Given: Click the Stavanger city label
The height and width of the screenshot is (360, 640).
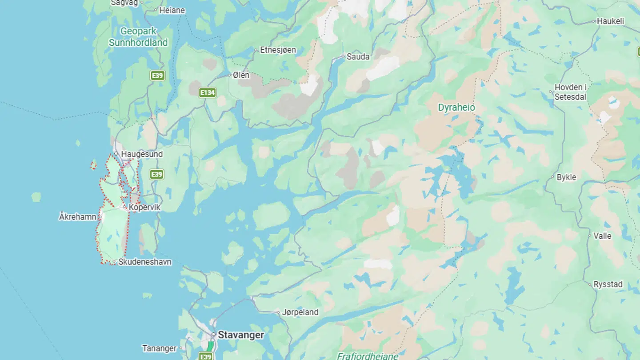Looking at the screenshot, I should [240, 335].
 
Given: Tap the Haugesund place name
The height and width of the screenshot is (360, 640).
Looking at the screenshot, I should [142, 154].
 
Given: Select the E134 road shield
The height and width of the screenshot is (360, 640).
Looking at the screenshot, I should [208, 92].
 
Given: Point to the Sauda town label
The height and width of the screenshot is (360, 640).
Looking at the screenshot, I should [358, 56].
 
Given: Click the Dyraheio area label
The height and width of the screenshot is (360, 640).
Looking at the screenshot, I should [456, 108].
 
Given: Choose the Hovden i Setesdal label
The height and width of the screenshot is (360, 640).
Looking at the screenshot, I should [571, 92].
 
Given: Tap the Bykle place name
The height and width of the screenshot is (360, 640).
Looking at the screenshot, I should [566, 177].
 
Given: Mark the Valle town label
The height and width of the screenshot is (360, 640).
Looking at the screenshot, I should [602, 236].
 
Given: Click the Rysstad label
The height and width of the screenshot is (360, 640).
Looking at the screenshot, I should [608, 284].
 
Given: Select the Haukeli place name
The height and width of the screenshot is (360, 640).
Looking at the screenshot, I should [611, 21].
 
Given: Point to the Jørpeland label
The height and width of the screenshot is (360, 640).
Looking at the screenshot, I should [300, 312].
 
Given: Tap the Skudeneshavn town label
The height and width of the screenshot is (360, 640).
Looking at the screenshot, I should [144, 262].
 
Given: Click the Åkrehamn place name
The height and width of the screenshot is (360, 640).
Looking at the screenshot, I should [78, 217].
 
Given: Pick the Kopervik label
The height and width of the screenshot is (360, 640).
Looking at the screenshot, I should [144, 208].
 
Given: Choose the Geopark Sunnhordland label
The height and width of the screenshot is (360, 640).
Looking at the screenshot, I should [138, 37].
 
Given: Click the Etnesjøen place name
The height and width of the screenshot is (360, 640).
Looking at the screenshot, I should [278, 50].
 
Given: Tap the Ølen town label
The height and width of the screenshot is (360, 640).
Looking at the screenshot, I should [241, 75].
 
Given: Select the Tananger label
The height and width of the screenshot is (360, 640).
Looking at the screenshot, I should [160, 348].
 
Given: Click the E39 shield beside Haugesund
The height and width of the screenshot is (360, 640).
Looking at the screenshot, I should [156, 174].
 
